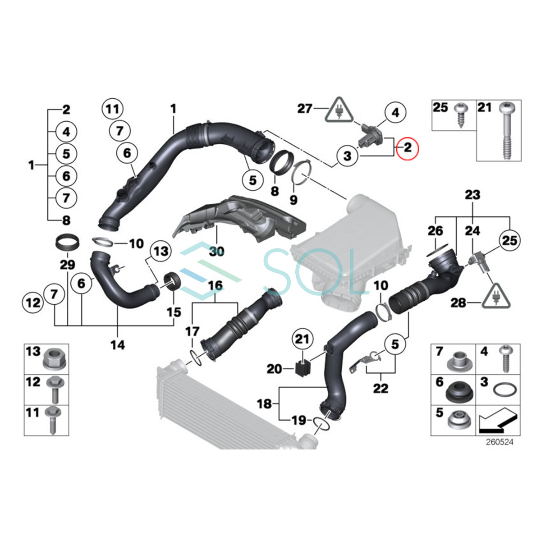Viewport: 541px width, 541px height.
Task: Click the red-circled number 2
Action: coord(408,147)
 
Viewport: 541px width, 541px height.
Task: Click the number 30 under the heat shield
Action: coord(217,251)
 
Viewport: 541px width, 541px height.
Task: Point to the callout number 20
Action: coord(274,369)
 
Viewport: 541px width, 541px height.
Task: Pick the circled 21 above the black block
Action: coord(302,338)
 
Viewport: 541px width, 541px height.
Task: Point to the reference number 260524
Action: coord(500,442)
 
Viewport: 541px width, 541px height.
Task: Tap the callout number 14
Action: coord(117,345)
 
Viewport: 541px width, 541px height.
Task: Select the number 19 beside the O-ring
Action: coord(298,421)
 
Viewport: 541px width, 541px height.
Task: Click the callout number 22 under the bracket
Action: coord(381,388)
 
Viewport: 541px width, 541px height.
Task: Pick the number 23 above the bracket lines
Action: coord(472,195)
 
